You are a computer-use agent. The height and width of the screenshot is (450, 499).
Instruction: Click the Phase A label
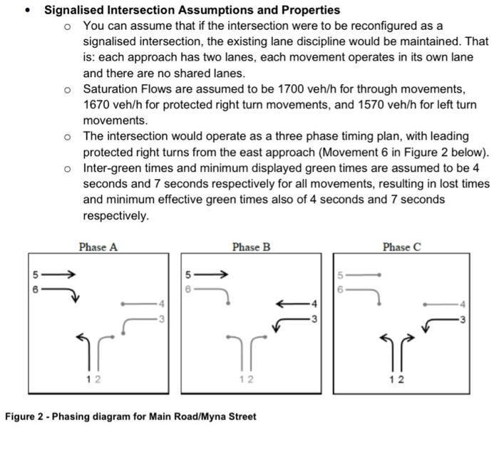click(x=98, y=247)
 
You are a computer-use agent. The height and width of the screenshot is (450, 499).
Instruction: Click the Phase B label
click(x=251, y=247)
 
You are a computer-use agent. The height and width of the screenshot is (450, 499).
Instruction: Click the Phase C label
click(x=402, y=247)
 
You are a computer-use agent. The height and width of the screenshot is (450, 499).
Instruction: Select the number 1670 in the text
click(x=98, y=106)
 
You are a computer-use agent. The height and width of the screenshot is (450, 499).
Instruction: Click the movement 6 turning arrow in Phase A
click(x=65, y=292)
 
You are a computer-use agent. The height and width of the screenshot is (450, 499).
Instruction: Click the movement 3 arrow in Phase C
click(x=437, y=322)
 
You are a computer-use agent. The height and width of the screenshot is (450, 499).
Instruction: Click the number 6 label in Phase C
click(x=341, y=290)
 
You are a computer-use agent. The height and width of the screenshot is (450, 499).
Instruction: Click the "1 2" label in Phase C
click(x=398, y=379)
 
